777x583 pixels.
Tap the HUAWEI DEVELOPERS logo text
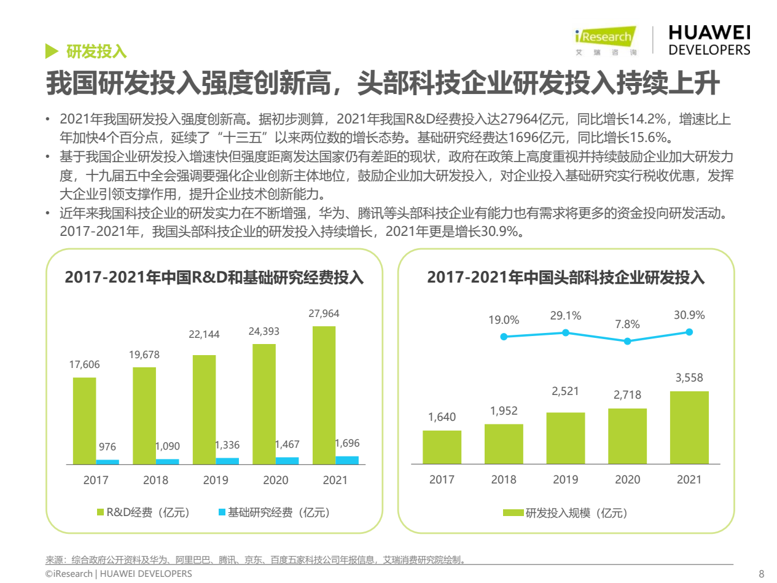click(709, 41)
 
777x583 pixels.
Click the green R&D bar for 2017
click(84, 420)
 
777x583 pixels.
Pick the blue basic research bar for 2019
click(228, 461)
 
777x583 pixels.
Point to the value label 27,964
click(324, 314)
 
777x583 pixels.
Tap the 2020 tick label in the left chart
click(276, 480)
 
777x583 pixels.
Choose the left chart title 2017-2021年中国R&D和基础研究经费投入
click(214, 278)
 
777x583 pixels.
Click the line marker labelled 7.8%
click(627, 341)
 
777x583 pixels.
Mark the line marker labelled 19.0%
click(504, 336)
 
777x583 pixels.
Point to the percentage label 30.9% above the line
click(689, 315)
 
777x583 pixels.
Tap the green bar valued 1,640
click(442, 447)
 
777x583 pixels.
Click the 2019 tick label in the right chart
click(566, 480)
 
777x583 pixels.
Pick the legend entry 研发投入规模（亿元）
click(566, 512)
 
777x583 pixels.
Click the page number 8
click(762, 574)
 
